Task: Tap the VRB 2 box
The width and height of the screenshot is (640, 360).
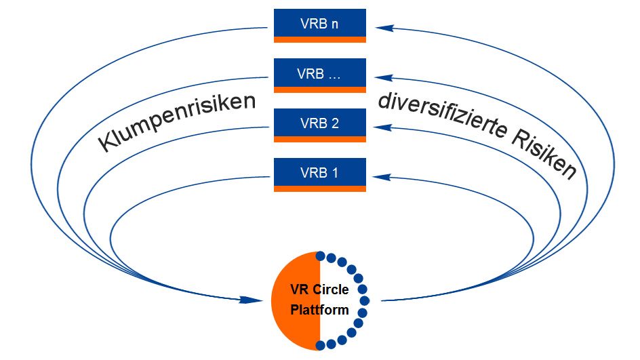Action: click(x=319, y=123)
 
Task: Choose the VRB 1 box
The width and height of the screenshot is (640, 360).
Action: click(x=319, y=172)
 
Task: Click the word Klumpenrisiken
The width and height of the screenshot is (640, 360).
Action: click(x=178, y=122)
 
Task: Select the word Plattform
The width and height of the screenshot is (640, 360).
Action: click(x=319, y=311)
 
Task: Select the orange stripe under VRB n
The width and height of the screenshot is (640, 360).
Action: click(x=319, y=40)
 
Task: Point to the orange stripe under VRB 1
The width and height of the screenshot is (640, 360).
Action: click(x=319, y=188)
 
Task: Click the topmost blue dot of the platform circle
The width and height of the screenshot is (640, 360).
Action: click(x=321, y=256)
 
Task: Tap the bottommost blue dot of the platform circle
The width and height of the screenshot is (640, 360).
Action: click(x=321, y=344)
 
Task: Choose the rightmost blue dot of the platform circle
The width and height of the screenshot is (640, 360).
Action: click(x=365, y=300)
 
